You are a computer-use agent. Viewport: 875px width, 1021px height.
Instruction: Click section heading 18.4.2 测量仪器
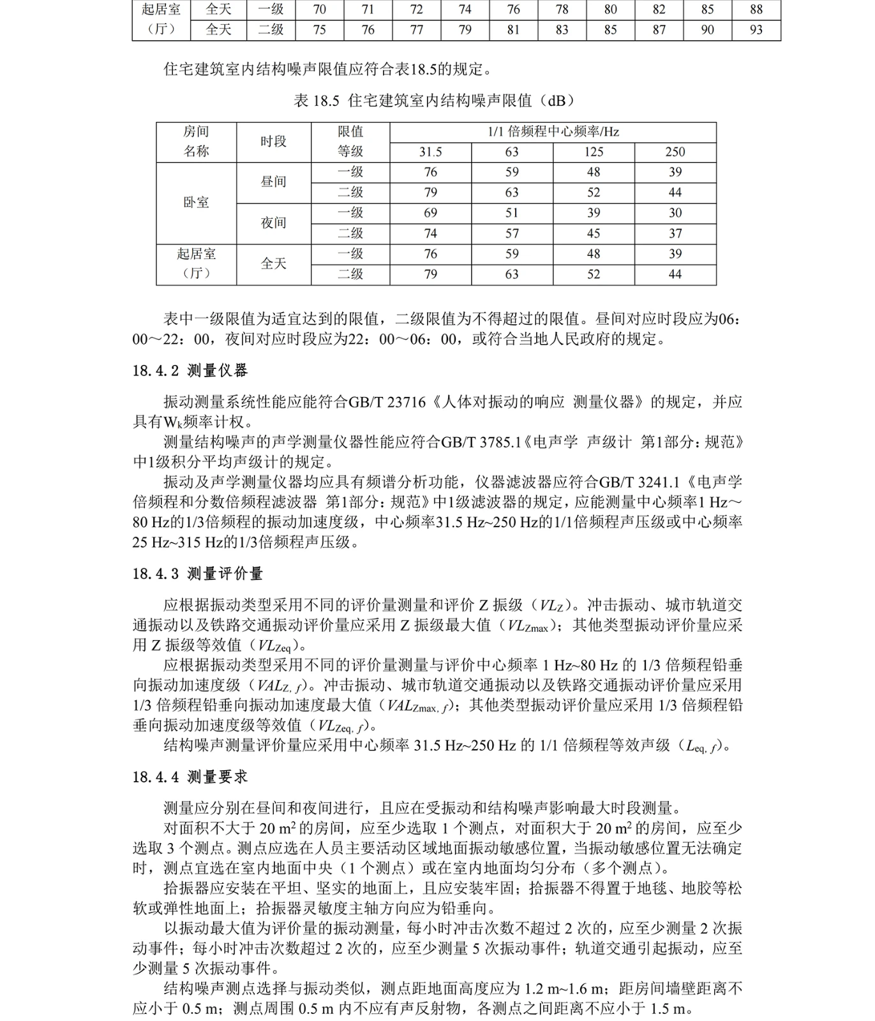(x=190, y=371)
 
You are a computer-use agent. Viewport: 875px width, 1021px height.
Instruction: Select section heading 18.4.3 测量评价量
(x=197, y=574)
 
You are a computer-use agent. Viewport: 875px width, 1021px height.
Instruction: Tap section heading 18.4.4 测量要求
(x=190, y=777)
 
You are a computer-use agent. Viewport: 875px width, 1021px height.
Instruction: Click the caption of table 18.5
(x=435, y=101)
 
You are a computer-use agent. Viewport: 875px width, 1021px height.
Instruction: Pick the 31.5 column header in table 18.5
(x=430, y=152)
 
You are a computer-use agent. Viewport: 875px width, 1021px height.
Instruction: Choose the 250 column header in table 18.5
(x=675, y=152)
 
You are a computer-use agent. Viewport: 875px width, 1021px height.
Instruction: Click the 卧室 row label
(x=196, y=202)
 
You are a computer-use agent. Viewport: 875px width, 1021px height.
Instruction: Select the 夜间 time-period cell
(x=273, y=223)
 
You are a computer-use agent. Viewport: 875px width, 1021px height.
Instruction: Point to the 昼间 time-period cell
(x=273, y=182)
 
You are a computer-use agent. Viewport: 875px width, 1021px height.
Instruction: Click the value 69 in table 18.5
(x=430, y=212)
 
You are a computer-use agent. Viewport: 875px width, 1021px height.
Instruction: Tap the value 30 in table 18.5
(x=675, y=212)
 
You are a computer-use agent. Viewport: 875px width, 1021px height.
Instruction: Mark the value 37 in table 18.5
(x=675, y=234)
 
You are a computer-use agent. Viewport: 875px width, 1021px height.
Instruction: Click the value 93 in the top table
(x=756, y=30)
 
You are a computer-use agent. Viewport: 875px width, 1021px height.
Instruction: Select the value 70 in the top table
(x=319, y=10)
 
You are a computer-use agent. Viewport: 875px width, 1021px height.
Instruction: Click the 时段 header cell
(x=273, y=142)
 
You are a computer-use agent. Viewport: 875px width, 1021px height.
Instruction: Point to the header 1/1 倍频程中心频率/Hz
(x=553, y=132)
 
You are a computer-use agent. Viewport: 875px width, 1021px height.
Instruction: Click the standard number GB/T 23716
(x=387, y=402)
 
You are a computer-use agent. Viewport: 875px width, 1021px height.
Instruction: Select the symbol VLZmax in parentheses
(x=527, y=626)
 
